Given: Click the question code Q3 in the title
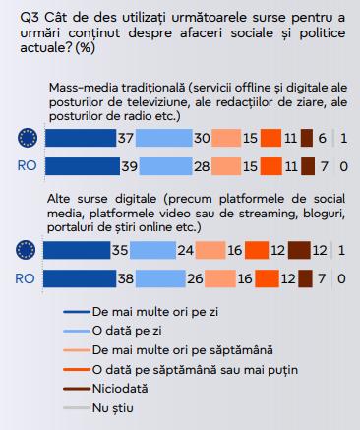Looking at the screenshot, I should click(21, 16).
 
